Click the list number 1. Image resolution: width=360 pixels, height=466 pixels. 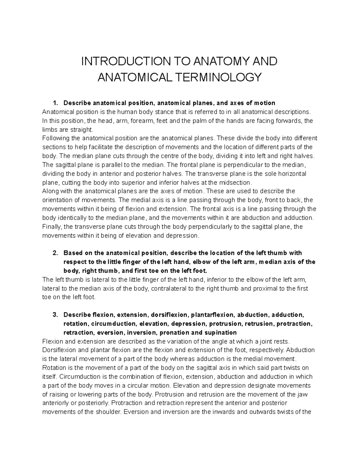pos(55,103)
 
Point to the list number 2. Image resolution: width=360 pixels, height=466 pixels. pos(55,253)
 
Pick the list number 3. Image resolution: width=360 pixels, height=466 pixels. pos(55,315)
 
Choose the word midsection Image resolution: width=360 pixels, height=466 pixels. pos(234,182)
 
